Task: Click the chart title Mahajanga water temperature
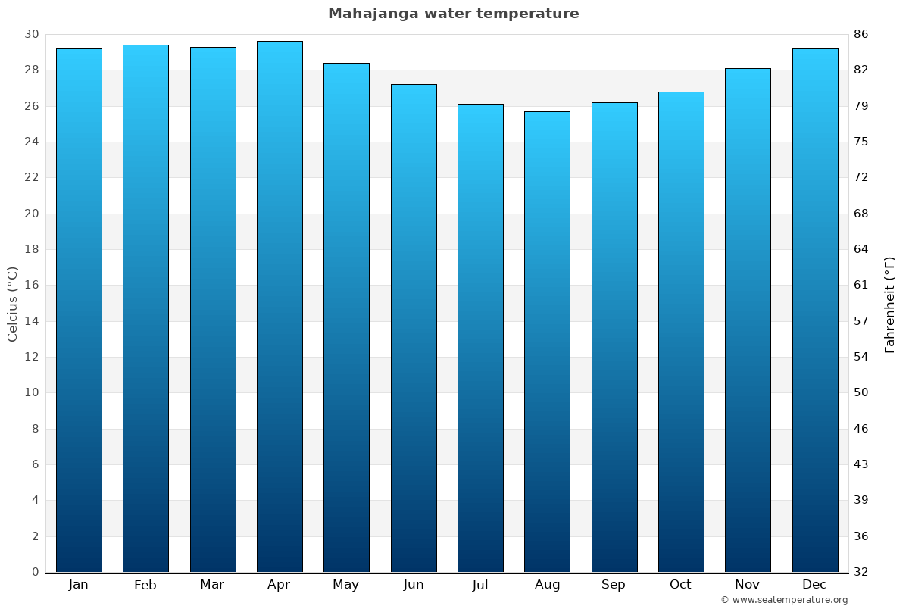(453, 14)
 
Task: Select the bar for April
(280, 307)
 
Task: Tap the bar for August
(547, 342)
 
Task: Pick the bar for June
(414, 328)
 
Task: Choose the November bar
(748, 320)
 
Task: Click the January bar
(79, 311)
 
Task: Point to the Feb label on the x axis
(145, 585)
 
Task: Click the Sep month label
(614, 585)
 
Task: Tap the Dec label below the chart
(814, 585)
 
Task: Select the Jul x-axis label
(480, 585)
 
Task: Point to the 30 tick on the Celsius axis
(31, 35)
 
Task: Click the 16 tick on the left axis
(31, 286)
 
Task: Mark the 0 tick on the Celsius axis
(35, 572)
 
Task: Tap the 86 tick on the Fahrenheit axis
(861, 35)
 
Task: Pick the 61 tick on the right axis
(861, 286)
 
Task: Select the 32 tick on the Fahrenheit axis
(861, 572)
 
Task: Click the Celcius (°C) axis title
(13, 304)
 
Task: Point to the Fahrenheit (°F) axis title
(890, 304)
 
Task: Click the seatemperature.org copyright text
(784, 600)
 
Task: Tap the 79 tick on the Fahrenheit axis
(861, 106)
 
